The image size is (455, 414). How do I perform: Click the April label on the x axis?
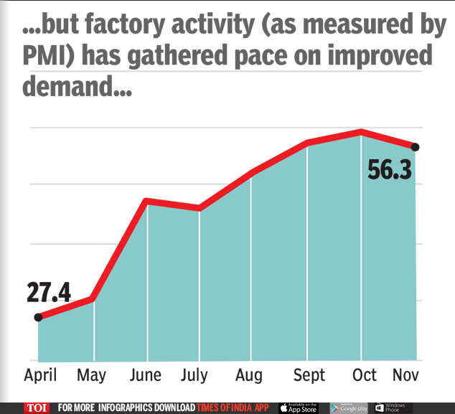pyautogui.click(x=40, y=375)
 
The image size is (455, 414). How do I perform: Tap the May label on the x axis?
pyautogui.click(x=91, y=375)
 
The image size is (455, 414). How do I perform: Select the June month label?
pyautogui.click(x=147, y=375)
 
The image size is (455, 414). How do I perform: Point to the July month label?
pyautogui.click(x=194, y=375)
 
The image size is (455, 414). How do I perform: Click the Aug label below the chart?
pyautogui.click(x=248, y=375)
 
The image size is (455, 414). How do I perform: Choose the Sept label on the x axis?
pyautogui.click(x=309, y=375)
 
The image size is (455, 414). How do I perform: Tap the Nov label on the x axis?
pyautogui.click(x=405, y=375)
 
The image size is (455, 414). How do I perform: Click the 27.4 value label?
pyautogui.click(x=48, y=293)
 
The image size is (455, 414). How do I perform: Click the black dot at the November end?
pyautogui.click(x=416, y=147)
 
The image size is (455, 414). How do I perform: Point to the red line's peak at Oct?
pyautogui.click(x=361, y=131)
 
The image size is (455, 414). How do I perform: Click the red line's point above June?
pyautogui.click(x=147, y=200)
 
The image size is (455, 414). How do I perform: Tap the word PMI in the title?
pyautogui.click(x=46, y=56)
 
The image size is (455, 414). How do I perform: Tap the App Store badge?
pyautogui.click(x=299, y=408)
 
